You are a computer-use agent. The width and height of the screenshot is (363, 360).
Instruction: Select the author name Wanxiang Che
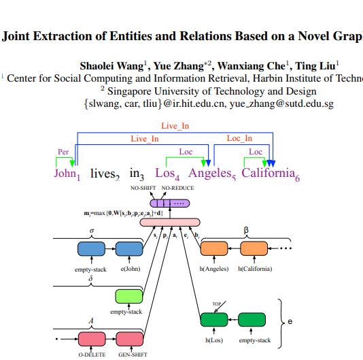[255, 66]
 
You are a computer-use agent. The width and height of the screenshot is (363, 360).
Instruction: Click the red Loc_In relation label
[239, 138]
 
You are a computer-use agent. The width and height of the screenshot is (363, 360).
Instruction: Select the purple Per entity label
[63, 151]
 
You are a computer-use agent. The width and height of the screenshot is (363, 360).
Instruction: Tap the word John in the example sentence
[65, 174]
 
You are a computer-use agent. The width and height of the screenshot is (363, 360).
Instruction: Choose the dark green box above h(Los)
[215, 320]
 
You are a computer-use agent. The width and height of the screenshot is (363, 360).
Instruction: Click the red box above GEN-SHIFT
[131, 338]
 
